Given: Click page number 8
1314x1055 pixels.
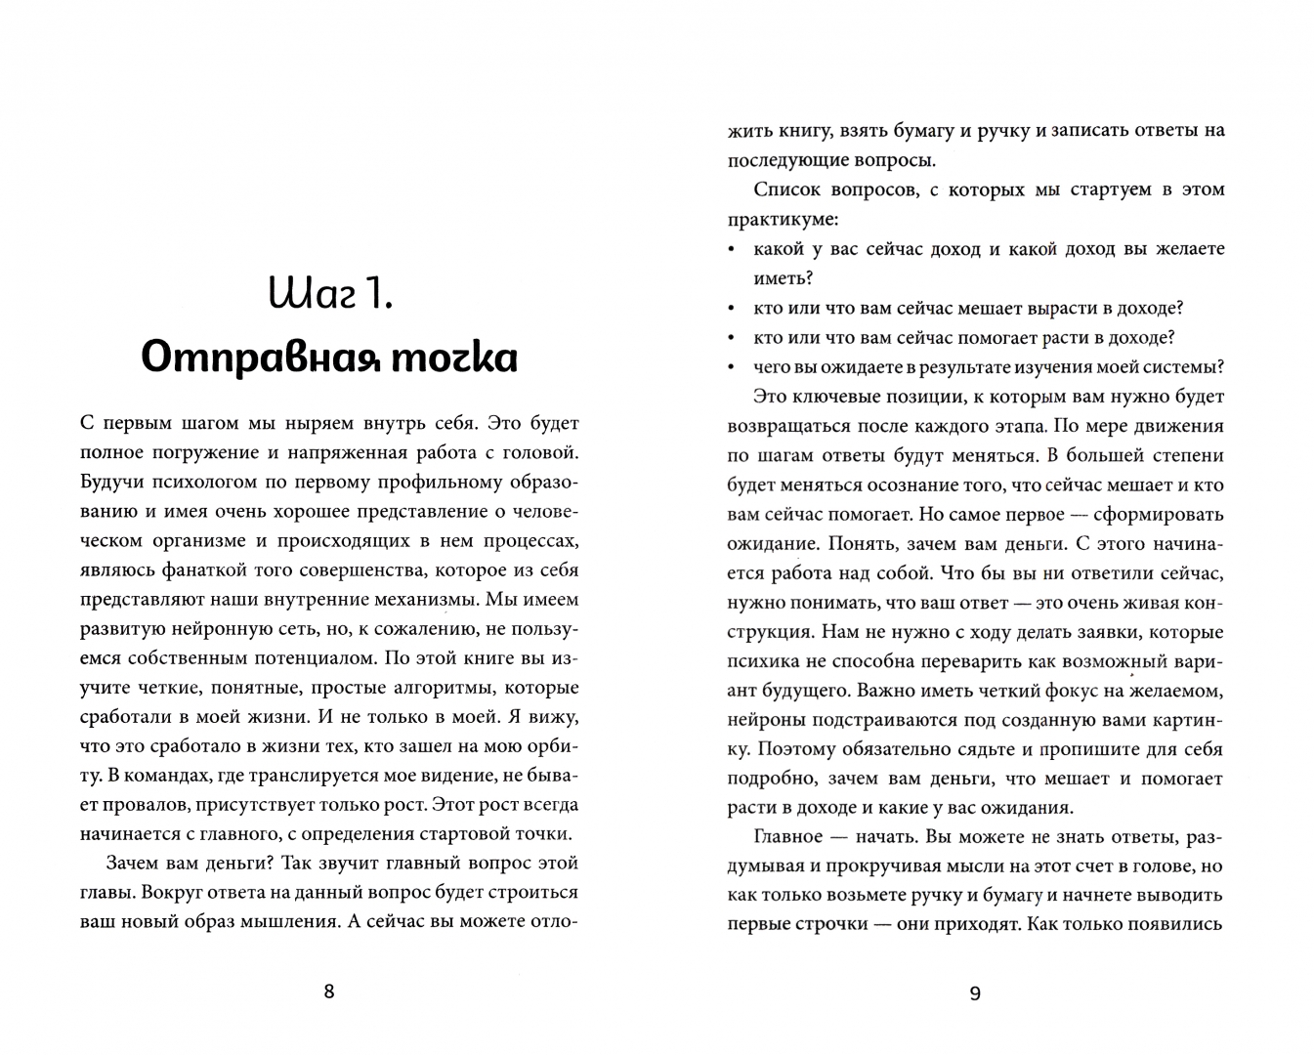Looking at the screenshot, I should [x=328, y=992].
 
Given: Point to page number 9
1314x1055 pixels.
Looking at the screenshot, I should [x=975, y=993].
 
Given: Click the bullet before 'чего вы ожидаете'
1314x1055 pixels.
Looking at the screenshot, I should [x=732, y=368].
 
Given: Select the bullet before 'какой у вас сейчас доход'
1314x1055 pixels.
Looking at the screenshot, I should [x=732, y=250].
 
